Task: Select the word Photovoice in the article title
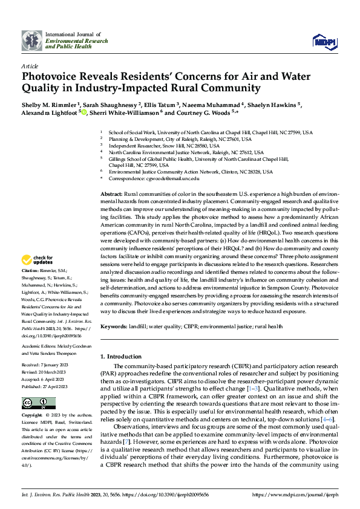48,77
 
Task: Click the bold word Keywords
114,326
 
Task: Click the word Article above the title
30,66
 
